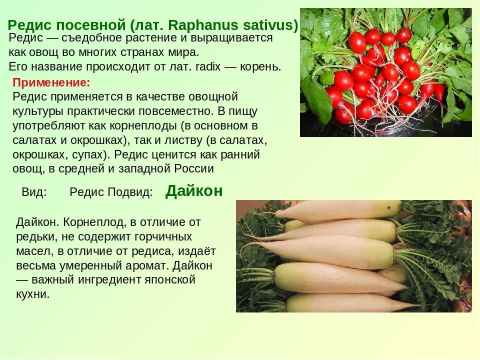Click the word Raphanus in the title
pos(203,25)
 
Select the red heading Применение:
pos(51,83)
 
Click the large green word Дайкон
pos(194,191)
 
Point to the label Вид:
pos(34,192)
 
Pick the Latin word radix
pos(208,66)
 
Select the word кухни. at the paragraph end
pos(33,294)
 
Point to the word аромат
pos(146,265)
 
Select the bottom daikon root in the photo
pos(352,303)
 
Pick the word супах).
pos(91,154)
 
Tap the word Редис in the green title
pos(29,25)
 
